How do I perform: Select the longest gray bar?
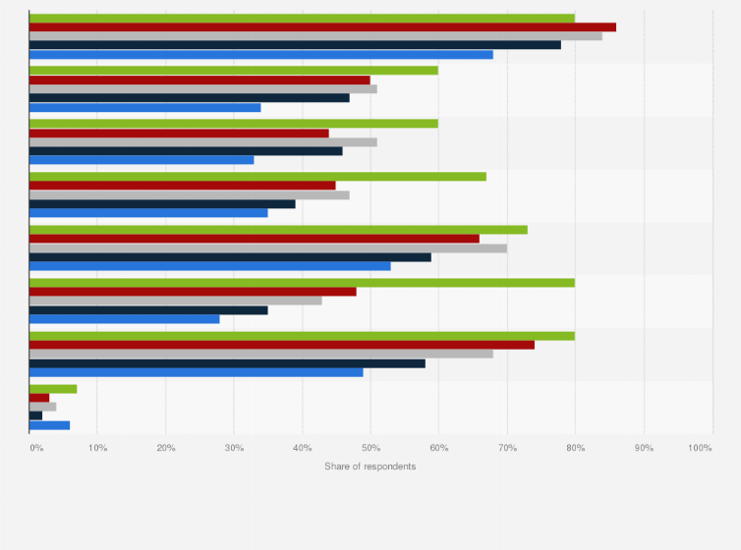pyautogui.click(x=315, y=35)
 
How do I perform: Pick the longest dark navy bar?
pyautogui.click(x=295, y=44)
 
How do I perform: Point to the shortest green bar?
pyautogui.click(x=53, y=389)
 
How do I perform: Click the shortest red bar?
pyautogui.click(x=39, y=398)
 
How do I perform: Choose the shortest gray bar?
pyautogui.click(x=42, y=407)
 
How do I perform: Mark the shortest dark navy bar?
pyautogui.click(x=35, y=415)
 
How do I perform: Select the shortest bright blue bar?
pyautogui.click(x=49, y=425)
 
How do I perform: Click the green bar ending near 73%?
pyautogui.click(x=278, y=230)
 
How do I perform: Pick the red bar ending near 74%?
pyautogui.click(x=282, y=345)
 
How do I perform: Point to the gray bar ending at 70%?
pyautogui.click(x=268, y=247)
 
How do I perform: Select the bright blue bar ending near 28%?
pyautogui.click(x=125, y=318)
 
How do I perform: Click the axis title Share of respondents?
pyautogui.click(x=370, y=466)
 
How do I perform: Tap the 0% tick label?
pyautogui.click(x=36, y=448)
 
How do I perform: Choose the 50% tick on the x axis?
pyautogui.click(x=370, y=448)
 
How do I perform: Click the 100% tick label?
pyautogui.click(x=700, y=448)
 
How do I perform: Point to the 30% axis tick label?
pyautogui.click(x=234, y=448)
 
